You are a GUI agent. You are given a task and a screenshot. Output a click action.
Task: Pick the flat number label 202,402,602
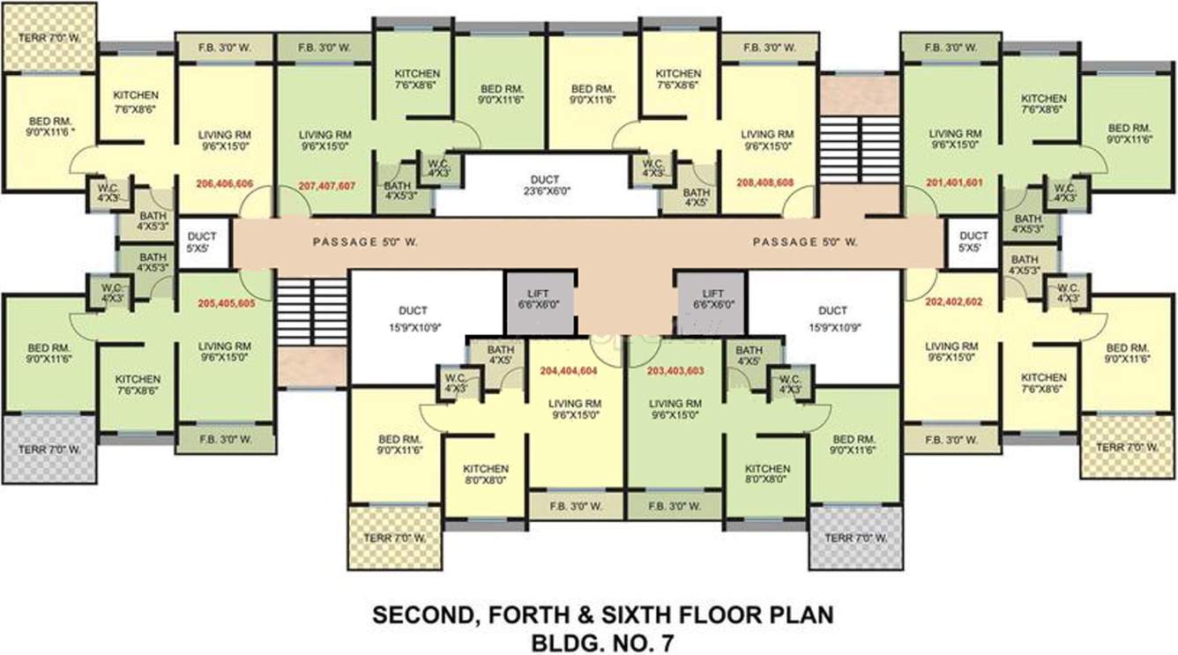(952, 301)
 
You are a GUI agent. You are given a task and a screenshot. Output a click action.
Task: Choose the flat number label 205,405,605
(226, 301)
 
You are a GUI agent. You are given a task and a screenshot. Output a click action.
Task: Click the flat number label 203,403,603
(675, 371)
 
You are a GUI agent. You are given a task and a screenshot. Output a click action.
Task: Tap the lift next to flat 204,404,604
(538, 301)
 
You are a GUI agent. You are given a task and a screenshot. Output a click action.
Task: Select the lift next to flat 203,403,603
(712, 301)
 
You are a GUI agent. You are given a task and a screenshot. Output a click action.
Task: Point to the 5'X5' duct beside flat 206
(202, 242)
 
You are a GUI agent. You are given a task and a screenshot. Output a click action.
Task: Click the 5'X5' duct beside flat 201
(973, 242)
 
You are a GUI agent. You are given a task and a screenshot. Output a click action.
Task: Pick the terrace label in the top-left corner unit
(48, 38)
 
